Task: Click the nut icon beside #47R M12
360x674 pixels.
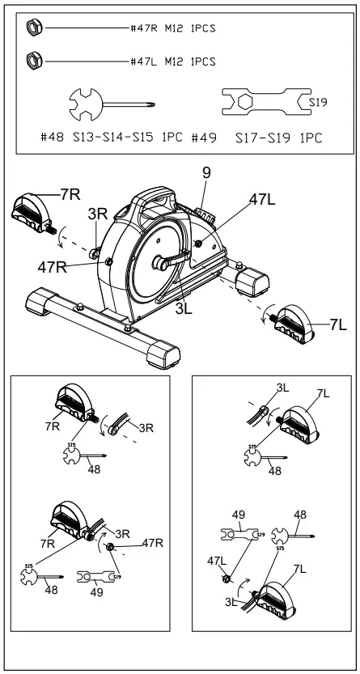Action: pos(34,28)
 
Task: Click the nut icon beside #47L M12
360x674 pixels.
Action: pos(34,60)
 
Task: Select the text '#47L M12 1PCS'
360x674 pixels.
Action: pos(172,61)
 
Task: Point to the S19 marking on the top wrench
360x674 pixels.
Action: pos(318,103)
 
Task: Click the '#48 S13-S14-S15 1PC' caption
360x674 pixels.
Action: pos(111,138)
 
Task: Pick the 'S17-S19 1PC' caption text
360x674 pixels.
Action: pos(278,138)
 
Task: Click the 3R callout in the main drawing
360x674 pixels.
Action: pos(98,214)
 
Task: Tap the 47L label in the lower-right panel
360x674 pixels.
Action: pos(217,560)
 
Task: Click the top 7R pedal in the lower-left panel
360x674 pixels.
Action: pos(75,404)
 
